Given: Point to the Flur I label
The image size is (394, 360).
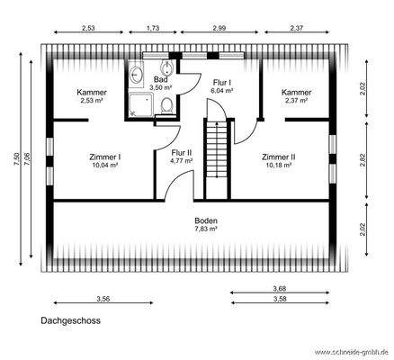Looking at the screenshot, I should [221, 83].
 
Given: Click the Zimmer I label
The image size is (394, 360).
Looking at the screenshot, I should [105, 157].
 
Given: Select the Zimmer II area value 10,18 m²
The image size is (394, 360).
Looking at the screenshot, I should [279, 165].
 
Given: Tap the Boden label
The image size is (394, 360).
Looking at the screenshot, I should [207, 220].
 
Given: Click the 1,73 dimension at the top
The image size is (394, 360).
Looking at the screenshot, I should [153, 28].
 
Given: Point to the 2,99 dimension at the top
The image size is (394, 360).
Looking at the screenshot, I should [219, 28].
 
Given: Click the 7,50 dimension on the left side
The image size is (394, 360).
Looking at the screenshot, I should [15, 158].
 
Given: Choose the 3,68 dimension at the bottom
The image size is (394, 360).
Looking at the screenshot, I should [280, 288].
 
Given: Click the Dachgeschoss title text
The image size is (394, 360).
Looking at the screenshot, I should [70, 319].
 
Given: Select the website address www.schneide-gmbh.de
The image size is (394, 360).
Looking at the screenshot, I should [351, 352].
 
